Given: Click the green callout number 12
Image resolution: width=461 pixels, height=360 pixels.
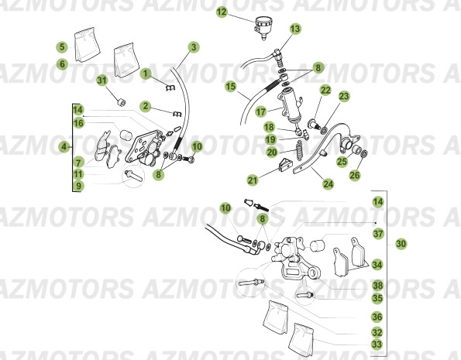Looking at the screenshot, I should (222, 12).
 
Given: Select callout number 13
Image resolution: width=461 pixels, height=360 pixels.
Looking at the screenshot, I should (295, 29).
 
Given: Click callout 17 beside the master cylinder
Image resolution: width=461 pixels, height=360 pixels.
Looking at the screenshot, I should (262, 111).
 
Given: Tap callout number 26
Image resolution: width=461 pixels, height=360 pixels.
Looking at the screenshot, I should (355, 175).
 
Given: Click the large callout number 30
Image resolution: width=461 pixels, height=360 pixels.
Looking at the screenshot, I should (401, 243).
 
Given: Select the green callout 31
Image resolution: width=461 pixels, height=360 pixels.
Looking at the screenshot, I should (101, 80).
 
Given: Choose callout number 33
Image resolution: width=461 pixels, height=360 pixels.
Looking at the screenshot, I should (377, 345).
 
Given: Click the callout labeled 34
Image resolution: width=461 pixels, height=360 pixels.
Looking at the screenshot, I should (377, 264).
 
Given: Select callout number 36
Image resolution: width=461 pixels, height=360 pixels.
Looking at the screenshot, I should (377, 316).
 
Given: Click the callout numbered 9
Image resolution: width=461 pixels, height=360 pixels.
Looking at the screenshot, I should (79, 186).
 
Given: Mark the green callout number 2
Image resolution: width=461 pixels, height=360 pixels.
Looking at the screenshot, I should (145, 105).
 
